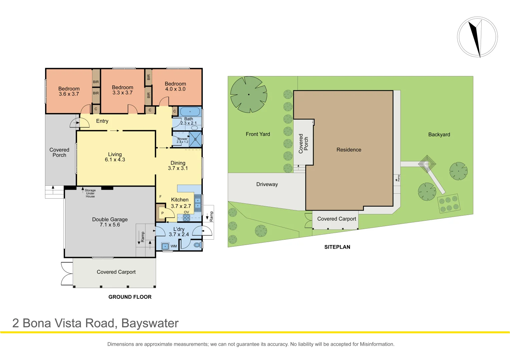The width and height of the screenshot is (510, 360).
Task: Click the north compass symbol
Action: pyautogui.click(x=477, y=37)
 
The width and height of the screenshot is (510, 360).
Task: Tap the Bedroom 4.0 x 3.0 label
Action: pyautogui.click(x=175, y=87)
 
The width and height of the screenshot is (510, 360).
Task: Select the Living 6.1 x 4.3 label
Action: pyautogui.click(x=115, y=157)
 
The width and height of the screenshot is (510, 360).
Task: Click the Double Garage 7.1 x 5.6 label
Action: pyautogui.click(x=110, y=222)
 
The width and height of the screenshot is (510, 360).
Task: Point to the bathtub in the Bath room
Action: pyautogui.click(x=190, y=112)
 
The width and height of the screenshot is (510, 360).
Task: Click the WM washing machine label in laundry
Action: pyautogui.click(x=174, y=246)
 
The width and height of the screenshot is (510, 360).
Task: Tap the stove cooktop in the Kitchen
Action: pyautogui.click(x=186, y=218)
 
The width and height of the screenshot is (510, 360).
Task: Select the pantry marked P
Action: pyautogui.click(x=162, y=213)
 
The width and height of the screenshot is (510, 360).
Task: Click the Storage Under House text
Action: pyautogui.click(x=90, y=193)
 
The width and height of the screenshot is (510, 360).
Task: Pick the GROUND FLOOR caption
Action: pyautogui.click(x=130, y=297)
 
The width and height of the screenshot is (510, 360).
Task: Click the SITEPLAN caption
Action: pyautogui.click(x=337, y=247)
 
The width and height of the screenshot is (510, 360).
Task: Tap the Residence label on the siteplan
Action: pyautogui.click(x=349, y=150)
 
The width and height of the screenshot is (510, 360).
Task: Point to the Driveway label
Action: pyautogui.click(x=267, y=184)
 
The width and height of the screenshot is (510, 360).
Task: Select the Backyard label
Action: pyautogui.click(x=439, y=135)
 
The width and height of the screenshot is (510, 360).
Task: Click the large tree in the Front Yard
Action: pyautogui.click(x=248, y=94)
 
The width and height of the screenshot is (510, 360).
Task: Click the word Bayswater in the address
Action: pyautogui.click(x=150, y=323)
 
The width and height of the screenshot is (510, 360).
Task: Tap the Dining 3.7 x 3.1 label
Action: pyautogui.click(x=178, y=166)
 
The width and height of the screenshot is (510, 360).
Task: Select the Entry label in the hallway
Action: pyautogui.click(x=102, y=121)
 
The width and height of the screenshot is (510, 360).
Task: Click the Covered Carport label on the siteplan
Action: pyautogui.click(x=337, y=219)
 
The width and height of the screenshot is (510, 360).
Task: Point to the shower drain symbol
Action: pyautogui.click(x=195, y=139)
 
